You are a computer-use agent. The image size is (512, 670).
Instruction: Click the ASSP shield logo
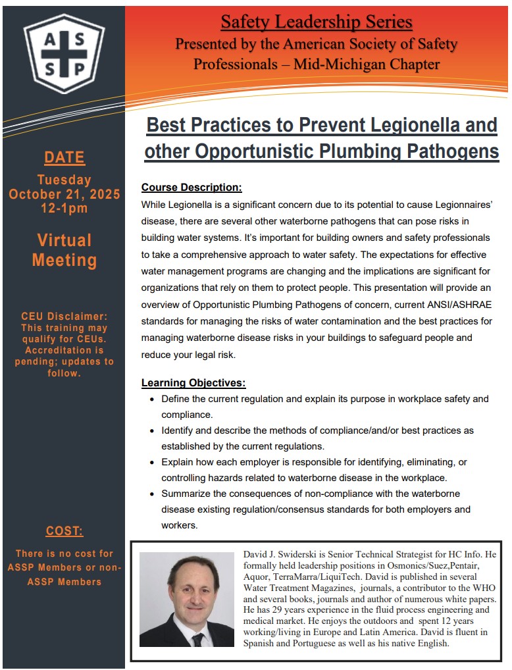coord(64,53)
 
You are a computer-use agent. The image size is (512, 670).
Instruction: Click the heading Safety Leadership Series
coord(317,22)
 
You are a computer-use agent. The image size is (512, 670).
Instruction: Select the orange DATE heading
coord(64,157)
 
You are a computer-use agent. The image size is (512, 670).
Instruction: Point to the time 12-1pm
coord(64,209)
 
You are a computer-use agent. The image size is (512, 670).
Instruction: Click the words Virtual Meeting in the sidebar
coord(64,250)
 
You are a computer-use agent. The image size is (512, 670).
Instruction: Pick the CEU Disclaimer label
coord(64,317)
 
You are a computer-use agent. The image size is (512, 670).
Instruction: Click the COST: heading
coord(64,530)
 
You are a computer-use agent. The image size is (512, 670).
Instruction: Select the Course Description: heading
coord(192,187)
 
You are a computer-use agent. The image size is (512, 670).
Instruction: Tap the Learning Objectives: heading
coord(193,382)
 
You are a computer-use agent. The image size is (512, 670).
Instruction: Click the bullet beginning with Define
coord(153,399)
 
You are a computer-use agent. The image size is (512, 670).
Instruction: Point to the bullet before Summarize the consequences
coord(153,494)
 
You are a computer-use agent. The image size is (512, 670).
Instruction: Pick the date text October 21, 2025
coord(64,194)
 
